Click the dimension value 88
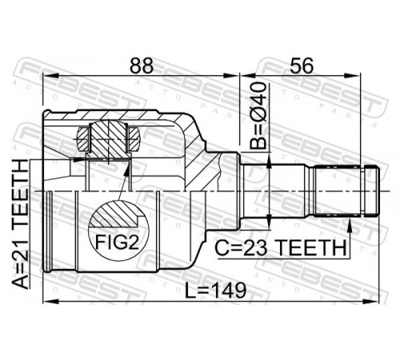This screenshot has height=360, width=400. [142, 66]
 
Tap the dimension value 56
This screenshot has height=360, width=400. [302, 66]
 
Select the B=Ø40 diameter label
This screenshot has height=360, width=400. [258, 115]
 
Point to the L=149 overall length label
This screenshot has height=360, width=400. [215, 290]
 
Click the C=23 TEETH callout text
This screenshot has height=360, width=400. [281, 247]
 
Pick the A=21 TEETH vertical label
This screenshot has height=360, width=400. [21, 224]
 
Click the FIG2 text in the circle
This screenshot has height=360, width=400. [118, 242]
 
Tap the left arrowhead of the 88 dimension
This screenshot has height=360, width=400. [50, 76]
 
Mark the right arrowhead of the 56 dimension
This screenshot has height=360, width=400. [353, 76]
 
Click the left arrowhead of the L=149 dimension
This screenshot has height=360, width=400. [50, 302]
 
